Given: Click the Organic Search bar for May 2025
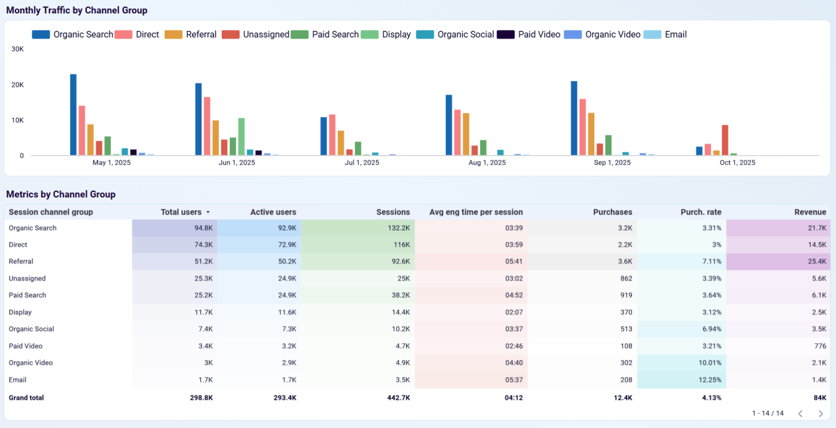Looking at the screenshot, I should click(x=73, y=115).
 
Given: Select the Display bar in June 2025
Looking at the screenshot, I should click(x=241, y=137).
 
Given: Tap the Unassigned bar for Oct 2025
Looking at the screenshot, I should click(x=725, y=140).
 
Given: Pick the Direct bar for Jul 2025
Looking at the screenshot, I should click(x=332, y=135).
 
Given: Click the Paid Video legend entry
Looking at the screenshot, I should click(x=529, y=35).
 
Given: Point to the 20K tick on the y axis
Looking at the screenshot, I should click(x=18, y=85).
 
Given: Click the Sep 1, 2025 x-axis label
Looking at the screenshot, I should click(x=612, y=163).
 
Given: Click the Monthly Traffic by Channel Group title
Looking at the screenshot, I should click(x=77, y=10).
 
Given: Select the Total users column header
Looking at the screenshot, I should click(x=181, y=212).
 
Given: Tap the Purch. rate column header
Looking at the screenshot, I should click(x=701, y=212).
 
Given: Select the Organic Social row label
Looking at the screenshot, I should click(x=31, y=329).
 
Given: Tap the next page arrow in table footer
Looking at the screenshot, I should click(x=820, y=413).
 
